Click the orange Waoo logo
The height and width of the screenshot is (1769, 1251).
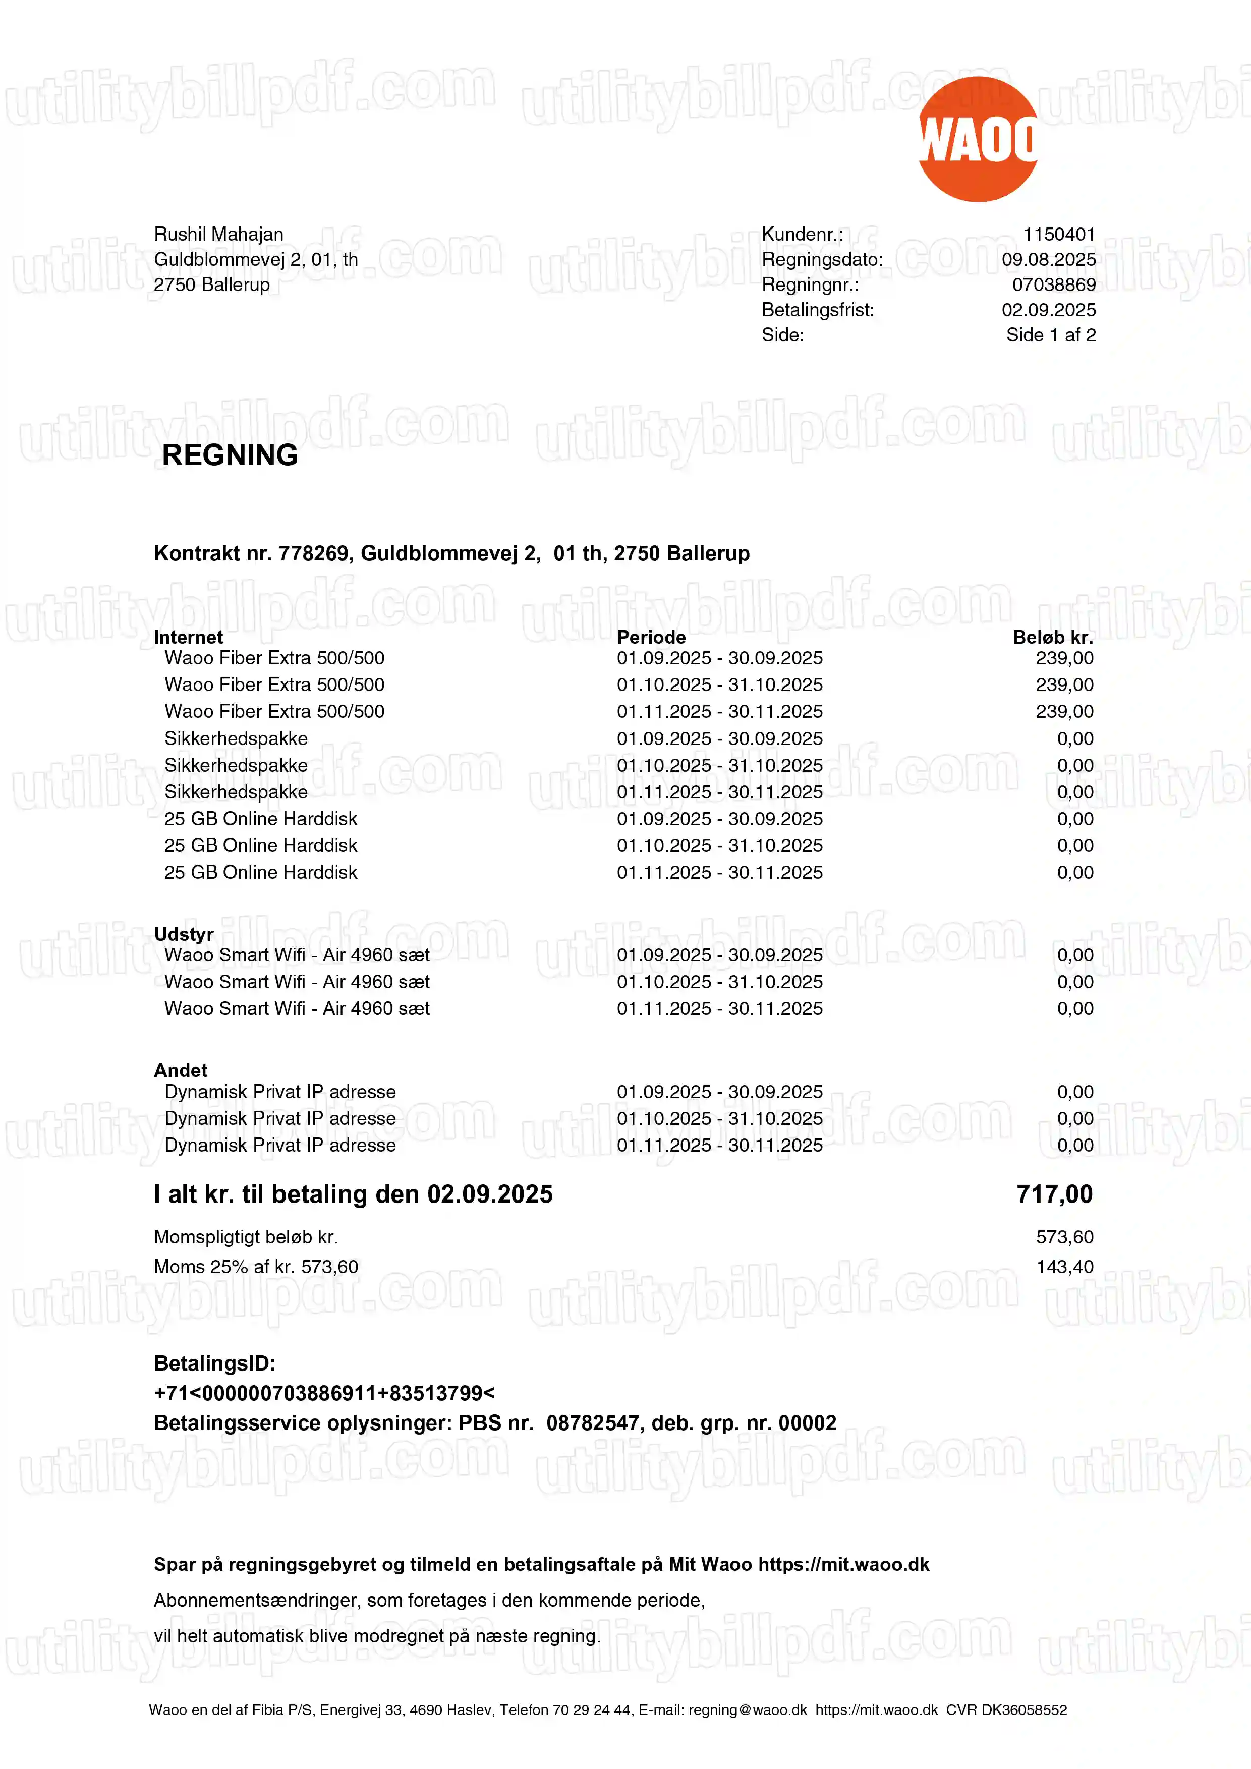click(x=978, y=139)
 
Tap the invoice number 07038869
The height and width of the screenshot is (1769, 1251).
click(x=1053, y=285)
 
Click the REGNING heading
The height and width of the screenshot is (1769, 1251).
click(x=230, y=455)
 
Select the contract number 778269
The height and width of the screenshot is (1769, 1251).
click(x=313, y=553)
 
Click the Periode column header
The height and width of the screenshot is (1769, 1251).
click(x=651, y=637)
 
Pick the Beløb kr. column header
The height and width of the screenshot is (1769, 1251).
click(x=1052, y=637)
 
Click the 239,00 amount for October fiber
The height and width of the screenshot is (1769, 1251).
click(x=1064, y=685)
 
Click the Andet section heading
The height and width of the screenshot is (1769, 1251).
click(x=180, y=1070)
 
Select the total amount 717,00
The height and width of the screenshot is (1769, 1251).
click(x=1054, y=1194)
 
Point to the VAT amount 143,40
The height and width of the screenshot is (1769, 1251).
click(x=1064, y=1267)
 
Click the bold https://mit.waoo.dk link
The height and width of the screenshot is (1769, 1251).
click(x=843, y=1564)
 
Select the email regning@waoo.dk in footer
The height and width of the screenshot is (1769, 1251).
click(x=747, y=1709)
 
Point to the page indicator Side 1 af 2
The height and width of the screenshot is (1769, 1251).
click(x=1051, y=335)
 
